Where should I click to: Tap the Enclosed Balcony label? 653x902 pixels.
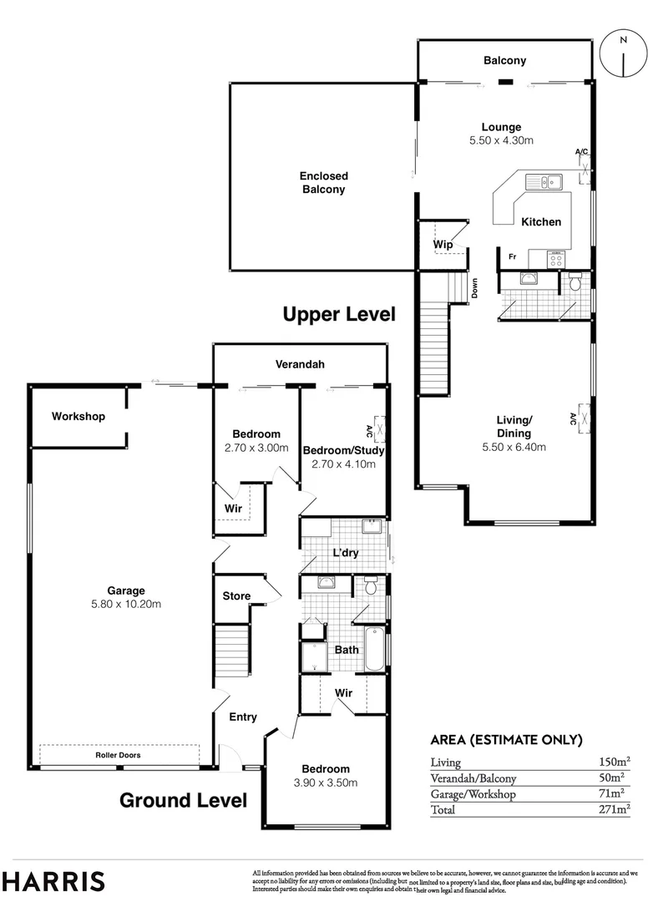324,183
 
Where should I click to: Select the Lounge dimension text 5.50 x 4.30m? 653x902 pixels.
501,141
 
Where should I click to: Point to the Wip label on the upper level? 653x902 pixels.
442,245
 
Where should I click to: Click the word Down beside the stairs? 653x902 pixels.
473,288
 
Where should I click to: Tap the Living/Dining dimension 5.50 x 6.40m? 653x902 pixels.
514,447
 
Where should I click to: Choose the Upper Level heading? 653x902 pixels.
338,314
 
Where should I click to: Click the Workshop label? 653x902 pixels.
78,416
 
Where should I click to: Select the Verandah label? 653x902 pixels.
300,364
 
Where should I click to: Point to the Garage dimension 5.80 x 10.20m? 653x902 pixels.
126,604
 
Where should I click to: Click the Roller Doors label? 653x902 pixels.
117,755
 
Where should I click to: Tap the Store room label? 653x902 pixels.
236,596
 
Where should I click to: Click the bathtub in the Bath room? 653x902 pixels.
377,650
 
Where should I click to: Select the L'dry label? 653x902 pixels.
346,553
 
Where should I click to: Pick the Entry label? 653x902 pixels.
243,717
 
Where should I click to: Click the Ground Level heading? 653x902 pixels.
183,800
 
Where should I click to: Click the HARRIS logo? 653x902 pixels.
53,881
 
